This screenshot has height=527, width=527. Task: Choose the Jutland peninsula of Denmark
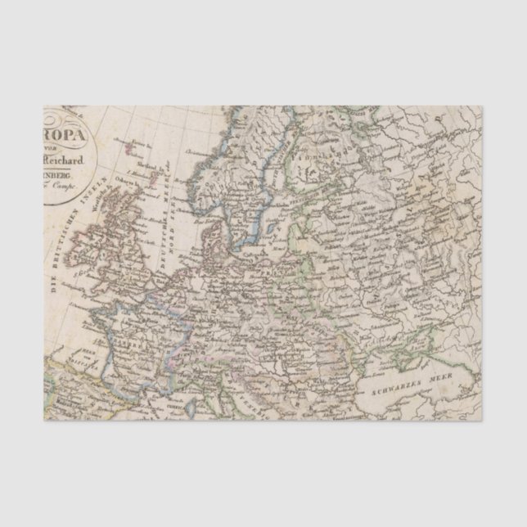pyautogui.click(x=209, y=232)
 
